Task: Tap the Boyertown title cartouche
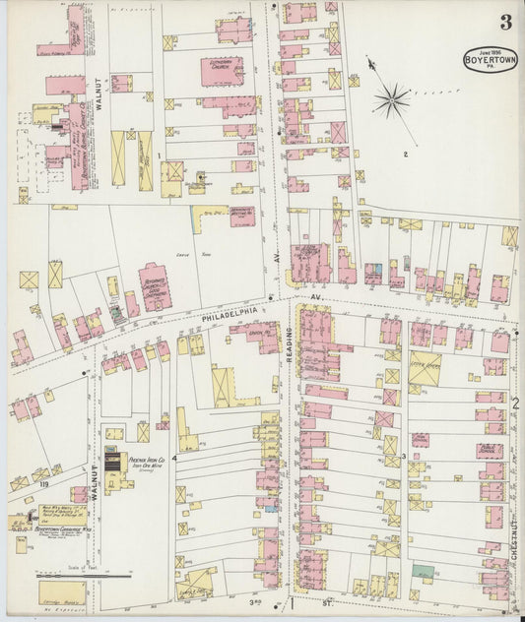click(490, 58)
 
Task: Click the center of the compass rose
click(391, 97)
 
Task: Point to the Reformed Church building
click(156, 285)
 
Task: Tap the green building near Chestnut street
click(424, 570)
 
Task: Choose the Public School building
click(490, 451)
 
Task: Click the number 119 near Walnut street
click(42, 485)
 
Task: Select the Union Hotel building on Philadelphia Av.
click(258, 334)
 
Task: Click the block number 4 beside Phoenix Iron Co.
click(174, 458)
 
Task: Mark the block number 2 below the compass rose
click(405, 155)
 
